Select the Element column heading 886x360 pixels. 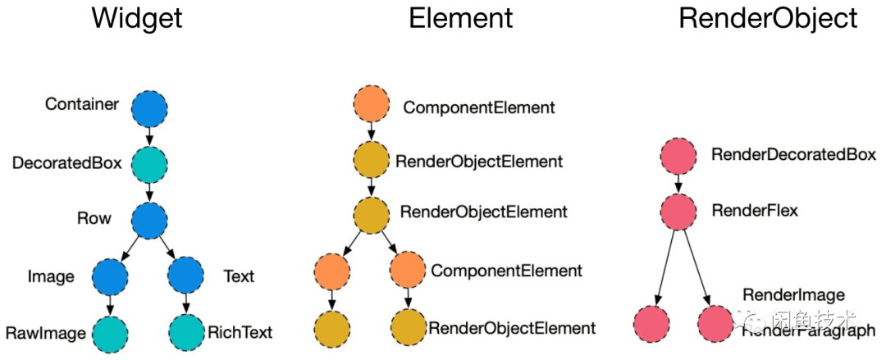pyautogui.click(x=461, y=19)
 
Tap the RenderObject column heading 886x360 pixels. pyautogui.click(x=768, y=19)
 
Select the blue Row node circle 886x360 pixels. pyautogui.click(x=149, y=219)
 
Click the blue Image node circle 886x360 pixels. pyautogui.click(x=112, y=277)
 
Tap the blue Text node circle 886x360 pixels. pyautogui.click(x=187, y=277)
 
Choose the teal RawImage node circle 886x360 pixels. pyautogui.click(x=112, y=332)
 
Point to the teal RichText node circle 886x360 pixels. pyautogui.click(x=187, y=332)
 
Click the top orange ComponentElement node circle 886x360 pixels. pyautogui.click(x=372, y=107)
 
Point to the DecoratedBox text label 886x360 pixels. pyautogui.click(x=66, y=163)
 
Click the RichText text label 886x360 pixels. pyautogui.click(x=240, y=333)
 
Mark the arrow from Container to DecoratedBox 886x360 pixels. pyautogui.click(x=149, y=135)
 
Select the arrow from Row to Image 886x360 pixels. pyautogui.click(x=130, y=248)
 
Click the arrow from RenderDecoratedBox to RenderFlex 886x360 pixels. pyautogui.click(x=678, y=184)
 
